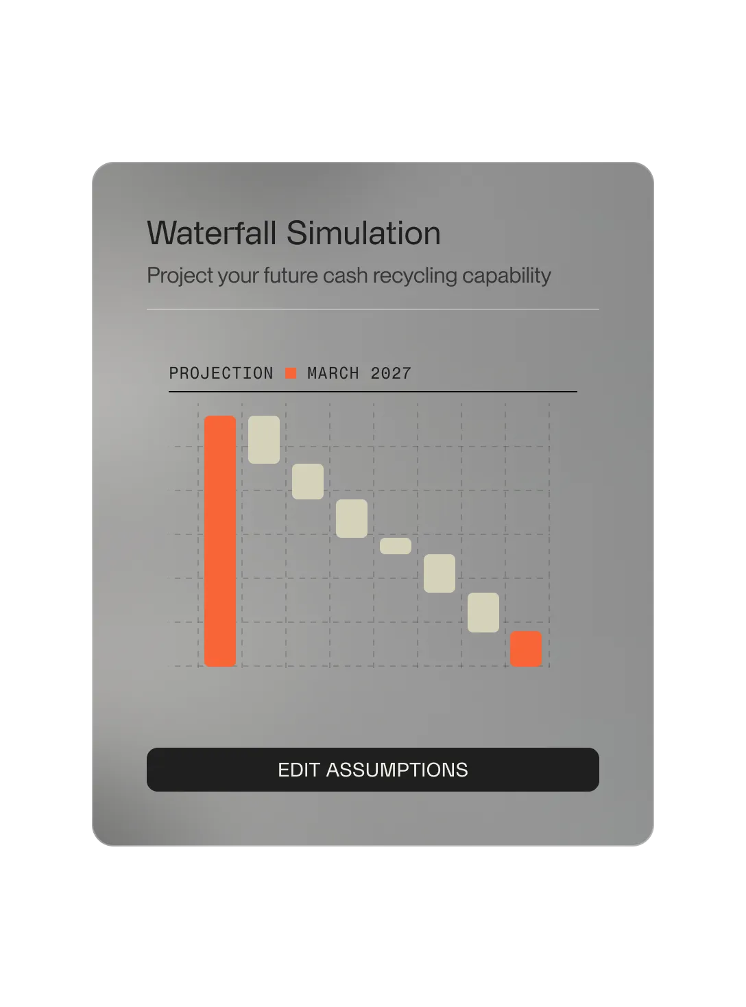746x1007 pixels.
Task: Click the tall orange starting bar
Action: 220,541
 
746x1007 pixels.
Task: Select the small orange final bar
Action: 526,649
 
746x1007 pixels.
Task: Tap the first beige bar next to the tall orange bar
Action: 264,440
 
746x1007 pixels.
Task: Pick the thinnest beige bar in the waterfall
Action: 396,546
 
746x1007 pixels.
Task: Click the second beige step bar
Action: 308,482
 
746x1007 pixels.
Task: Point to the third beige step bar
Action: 352,519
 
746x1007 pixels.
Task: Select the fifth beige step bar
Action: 440,573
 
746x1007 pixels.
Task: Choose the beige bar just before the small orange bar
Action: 483,613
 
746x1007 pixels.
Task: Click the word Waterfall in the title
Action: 212,233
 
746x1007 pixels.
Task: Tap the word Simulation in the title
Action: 363,233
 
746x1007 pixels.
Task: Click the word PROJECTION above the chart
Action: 221,373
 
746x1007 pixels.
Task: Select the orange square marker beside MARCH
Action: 291,373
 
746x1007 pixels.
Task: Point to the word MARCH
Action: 333,373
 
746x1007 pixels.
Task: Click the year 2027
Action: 391,373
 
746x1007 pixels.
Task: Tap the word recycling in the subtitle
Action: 415,276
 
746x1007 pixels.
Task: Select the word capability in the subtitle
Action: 507,276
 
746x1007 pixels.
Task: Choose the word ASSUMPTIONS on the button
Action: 397,770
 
